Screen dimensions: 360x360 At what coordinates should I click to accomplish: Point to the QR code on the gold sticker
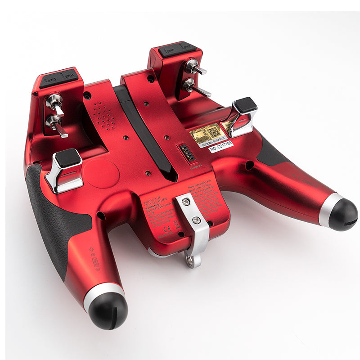(x=213, y=132)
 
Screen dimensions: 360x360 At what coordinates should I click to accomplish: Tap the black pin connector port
(x=184, y=155)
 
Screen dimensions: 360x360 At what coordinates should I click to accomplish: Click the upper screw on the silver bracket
(x=185, y=203)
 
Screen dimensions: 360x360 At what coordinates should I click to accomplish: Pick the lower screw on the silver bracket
(x=196, y=220)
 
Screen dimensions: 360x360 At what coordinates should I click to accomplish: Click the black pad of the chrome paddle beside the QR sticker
(x=245, y=105)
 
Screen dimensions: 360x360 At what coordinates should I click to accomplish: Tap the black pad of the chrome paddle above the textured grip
(x=68, y=158)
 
